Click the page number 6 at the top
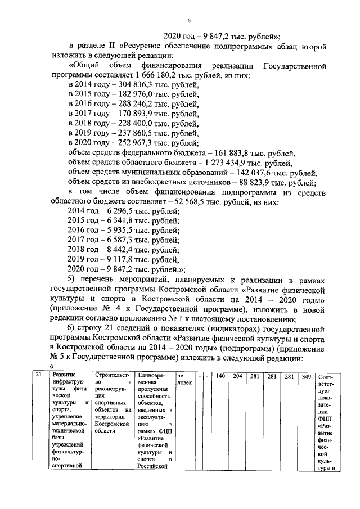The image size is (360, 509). click(189, 21)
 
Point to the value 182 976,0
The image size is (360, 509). click(123, 95)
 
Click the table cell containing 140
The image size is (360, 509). click(220, 376)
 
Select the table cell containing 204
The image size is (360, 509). click(237, 376)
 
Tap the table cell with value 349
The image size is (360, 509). click(306, 376)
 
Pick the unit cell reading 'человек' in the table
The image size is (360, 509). click(184, 379)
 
